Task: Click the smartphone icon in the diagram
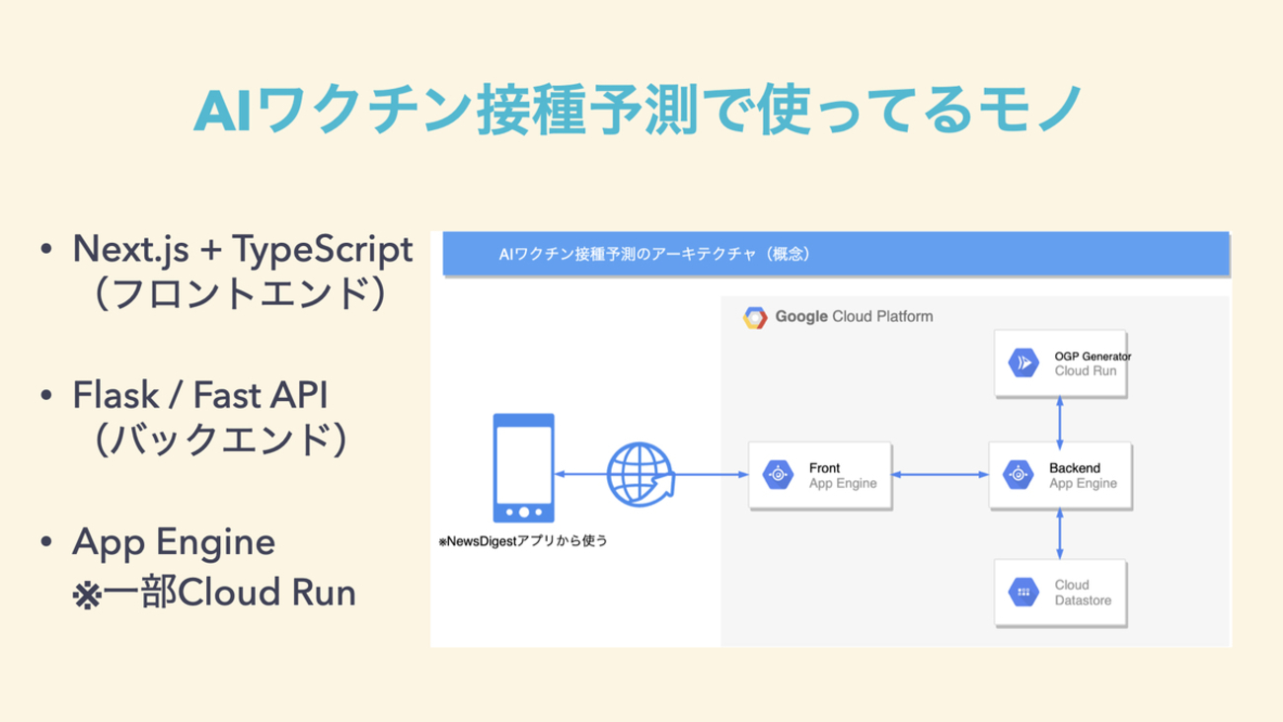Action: click(523, 468)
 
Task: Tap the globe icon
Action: click(640, 475)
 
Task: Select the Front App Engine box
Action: click(820, 476)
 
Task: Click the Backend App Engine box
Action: click(1059, 476)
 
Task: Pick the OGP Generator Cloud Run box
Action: click(1059, 363)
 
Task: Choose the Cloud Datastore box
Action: click(1059, 592)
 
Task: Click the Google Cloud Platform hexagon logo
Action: click(755, 318)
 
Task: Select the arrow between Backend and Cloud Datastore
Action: click(1059, 533)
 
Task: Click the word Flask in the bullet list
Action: click(108, 396)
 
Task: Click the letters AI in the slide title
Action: click(219, 111)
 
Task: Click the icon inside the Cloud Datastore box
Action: click(1022, 592)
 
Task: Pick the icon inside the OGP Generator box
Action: click(1023, 363)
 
